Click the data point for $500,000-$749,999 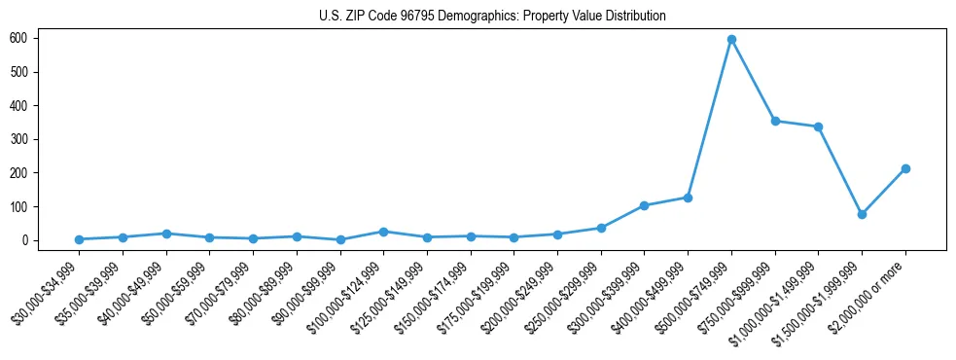pos(731,40)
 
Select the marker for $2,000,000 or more pos(905,168)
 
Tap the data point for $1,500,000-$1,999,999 pos(862,214)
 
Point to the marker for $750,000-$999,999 pos(775,121)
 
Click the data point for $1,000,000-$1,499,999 pos(818,126)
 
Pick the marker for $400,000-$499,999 pos(688,198)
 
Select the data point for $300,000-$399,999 pos(644,205)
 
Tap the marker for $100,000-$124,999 pos(383,232)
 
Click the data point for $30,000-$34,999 pos(79,239)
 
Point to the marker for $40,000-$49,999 pos(166,234)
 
